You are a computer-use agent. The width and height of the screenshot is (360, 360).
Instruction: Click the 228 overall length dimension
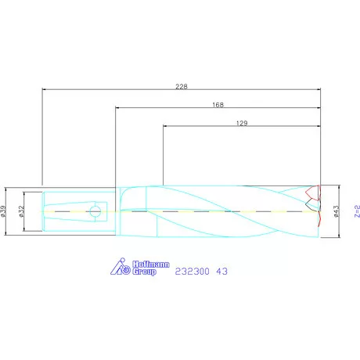[182, 86]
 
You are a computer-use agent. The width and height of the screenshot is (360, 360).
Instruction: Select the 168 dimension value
[218, 105]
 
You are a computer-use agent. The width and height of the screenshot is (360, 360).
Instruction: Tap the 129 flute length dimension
[242, 123]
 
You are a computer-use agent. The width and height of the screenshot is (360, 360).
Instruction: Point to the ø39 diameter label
[3, 211]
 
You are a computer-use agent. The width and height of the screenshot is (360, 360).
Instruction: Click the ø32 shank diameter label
[21, 211]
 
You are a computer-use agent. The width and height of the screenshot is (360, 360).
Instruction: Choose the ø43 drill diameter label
[337, 211]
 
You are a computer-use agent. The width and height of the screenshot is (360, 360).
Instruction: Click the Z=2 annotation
[357, 211]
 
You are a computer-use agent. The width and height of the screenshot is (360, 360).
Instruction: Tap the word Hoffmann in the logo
[151, 265]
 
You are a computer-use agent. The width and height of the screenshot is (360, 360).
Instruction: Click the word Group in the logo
[144, 272]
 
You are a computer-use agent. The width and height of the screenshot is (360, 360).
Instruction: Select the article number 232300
[192, 272]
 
